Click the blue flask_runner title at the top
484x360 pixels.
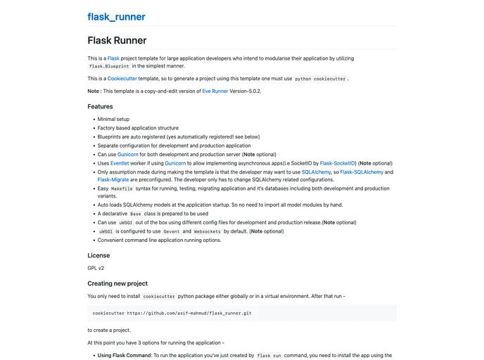[116, 17]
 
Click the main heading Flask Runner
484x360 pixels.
[117, 41]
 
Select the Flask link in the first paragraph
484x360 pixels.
[113, 58]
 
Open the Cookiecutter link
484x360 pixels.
[122, 79]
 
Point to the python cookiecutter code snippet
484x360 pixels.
[320, 79]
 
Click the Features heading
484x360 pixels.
[100, 107]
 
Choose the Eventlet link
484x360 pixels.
[120, 162]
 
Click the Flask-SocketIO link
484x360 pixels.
[338, 162]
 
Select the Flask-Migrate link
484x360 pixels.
[114, 179]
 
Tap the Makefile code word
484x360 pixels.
[122, 188]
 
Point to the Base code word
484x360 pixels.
[136, 214]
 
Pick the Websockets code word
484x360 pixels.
[207, 231]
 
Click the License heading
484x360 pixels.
[98, 255]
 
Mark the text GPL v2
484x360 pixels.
[96, 268]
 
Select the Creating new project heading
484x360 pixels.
[117, 283]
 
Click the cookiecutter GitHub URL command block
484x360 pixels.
[172, 313]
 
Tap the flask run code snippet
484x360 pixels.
[269, 356]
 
